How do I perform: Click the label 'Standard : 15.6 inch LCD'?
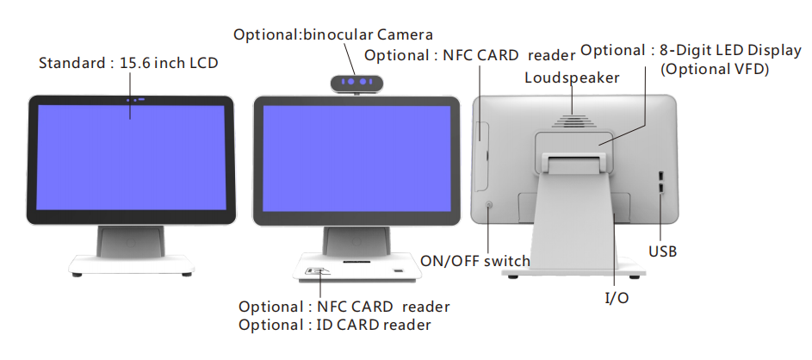pyautogui.click(x=128, y=64)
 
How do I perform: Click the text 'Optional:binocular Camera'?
pyautogui.click(x=333, y=34)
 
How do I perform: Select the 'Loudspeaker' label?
pyautogui.click(x=572, y=78)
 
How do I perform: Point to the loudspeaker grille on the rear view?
pyautogui.click(x=573, y=120)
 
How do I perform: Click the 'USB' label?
pyautogui.click(x=662, y=251)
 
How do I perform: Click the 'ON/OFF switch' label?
pyautogui.click(x=475, y=261)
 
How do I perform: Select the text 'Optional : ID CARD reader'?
pyautogui.click(x=335, y=325)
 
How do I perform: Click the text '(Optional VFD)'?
pyautogui.click(x=714, y=70)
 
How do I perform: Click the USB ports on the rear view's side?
pyautogui.click(x=660, y=182)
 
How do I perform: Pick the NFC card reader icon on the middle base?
pyautogui.click(x=317, y=272)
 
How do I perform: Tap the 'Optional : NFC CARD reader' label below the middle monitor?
pyautogui.click(x=344, y=307)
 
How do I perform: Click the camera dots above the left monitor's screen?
pyautogui.click(x=134, y=100)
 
